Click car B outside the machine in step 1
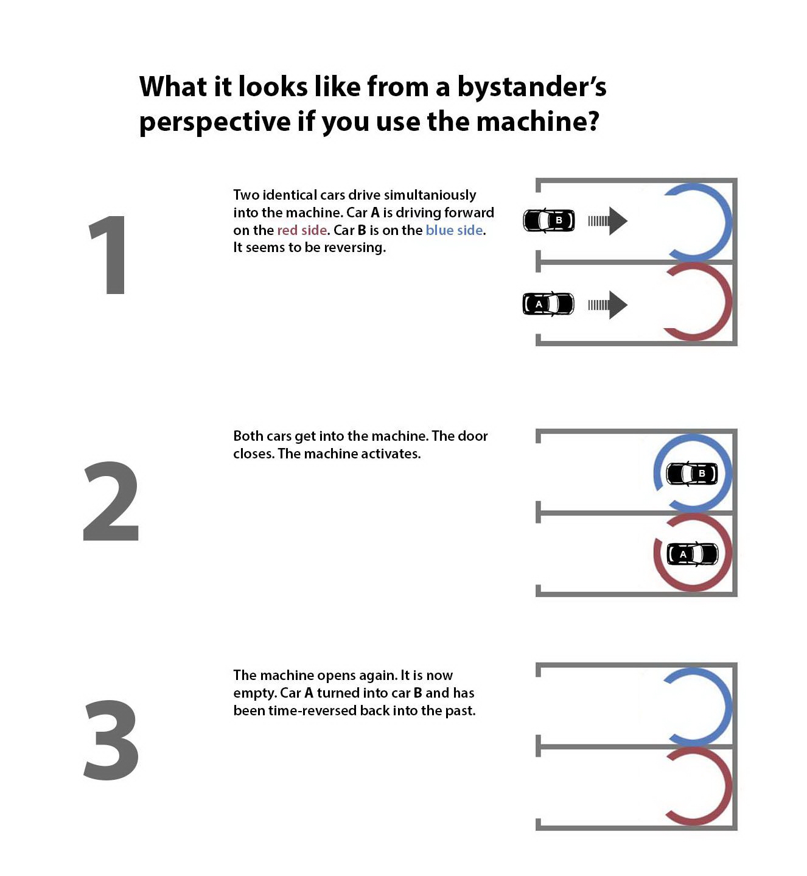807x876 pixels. (549, 220)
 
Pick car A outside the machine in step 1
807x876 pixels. (548, 304)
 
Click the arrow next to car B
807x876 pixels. (608, 221)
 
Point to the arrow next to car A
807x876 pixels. (608, 305)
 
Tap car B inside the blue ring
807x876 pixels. (692, 474)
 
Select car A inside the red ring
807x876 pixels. (693, 554)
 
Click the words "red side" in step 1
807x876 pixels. (302, 230)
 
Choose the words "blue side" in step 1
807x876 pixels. (454, 230)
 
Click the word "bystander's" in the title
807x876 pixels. (532, 87)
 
